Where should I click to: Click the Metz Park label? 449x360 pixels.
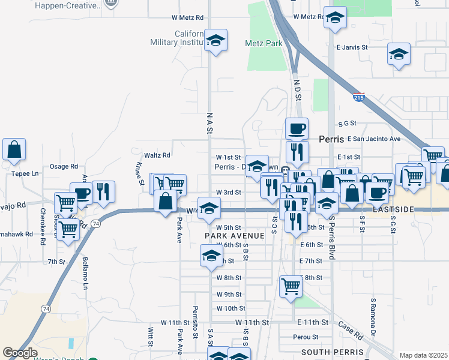[x=264, y=43]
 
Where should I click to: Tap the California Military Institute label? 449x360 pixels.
[x=178, y=38]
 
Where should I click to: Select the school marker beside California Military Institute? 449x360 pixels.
[x=215, y=41]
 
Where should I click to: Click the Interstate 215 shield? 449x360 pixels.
[x=359, y=97]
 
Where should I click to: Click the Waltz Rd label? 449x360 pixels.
[x=157, y=155]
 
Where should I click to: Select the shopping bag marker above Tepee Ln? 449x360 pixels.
[x=14, y=150]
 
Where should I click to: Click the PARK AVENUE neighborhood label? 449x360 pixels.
[x=234, y=236]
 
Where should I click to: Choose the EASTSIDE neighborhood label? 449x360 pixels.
[x=393, y=209]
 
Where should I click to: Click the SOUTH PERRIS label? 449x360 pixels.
[x=333, y=352]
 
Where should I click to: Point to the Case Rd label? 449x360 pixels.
[x=351, y=329]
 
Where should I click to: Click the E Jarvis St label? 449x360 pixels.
[x=351, y=46]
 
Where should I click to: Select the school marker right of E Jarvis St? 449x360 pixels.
[x=399, y=55]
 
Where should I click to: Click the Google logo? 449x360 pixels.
[x=20, y=353]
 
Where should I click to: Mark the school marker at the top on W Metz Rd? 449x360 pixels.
[x=336, y=19]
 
